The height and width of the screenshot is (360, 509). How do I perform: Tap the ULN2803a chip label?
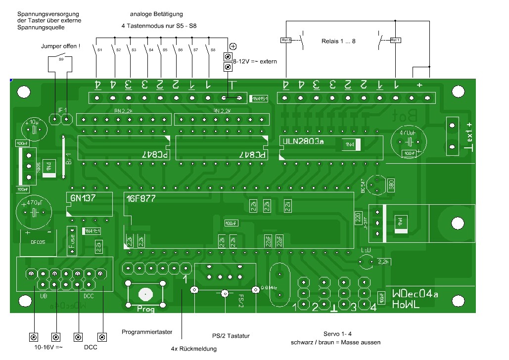tap(301, 141)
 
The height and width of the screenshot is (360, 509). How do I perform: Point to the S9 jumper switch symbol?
tap(61, 58)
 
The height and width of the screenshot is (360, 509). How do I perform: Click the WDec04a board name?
tap(415, 294)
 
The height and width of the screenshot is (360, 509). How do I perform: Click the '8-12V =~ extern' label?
tap(255, 61)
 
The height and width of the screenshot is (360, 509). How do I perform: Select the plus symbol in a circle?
tap(233, 46)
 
